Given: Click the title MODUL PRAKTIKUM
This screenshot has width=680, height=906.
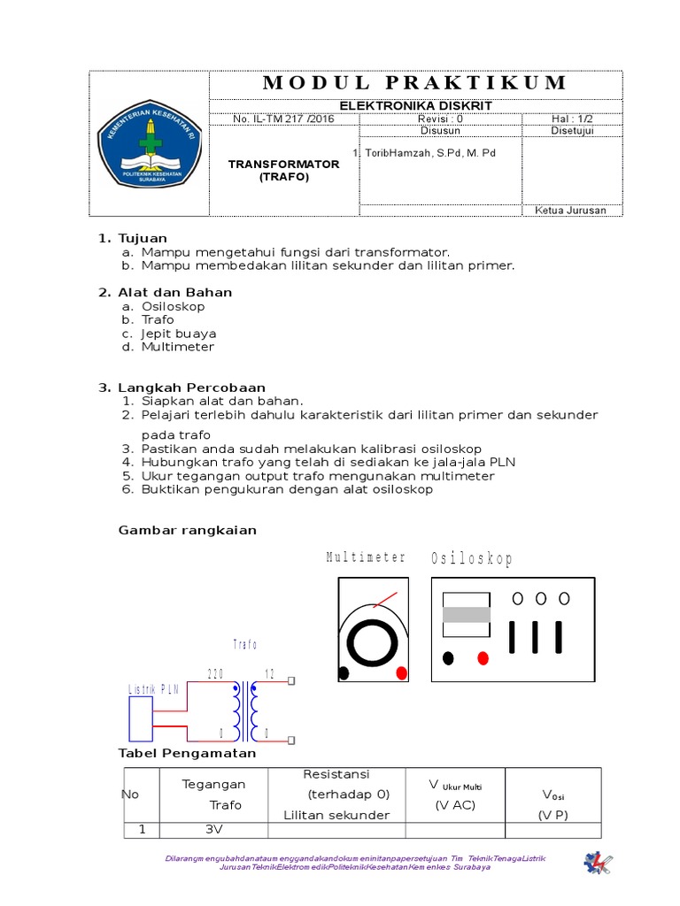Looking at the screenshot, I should coord(415,83).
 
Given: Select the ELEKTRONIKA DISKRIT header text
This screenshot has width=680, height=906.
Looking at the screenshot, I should coord(415,106).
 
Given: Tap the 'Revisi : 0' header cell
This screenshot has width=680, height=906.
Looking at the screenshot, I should coord(440,119).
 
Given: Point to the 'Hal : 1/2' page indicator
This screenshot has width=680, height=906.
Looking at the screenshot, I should coord(572,119).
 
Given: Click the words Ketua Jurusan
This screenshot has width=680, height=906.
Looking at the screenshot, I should coord(572,210).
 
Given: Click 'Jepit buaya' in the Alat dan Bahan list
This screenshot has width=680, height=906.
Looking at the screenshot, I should coord(178,334).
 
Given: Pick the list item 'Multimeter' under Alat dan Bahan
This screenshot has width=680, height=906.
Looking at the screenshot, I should coord(177,347).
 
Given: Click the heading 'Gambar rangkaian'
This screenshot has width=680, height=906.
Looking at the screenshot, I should coord(188,530).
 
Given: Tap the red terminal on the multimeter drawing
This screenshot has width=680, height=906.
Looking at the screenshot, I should coord(401,673).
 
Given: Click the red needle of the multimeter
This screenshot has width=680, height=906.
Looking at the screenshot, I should coord(384,600).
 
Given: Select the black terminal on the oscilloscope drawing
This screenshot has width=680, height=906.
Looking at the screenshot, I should coord(448,658).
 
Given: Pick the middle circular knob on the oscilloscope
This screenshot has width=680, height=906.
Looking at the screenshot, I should coord(540,599).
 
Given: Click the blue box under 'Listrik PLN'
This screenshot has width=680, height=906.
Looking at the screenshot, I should coord(142,718).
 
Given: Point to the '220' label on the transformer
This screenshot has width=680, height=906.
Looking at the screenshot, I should coord(215,674).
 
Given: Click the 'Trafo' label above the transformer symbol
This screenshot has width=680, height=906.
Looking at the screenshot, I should coord(243,644).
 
